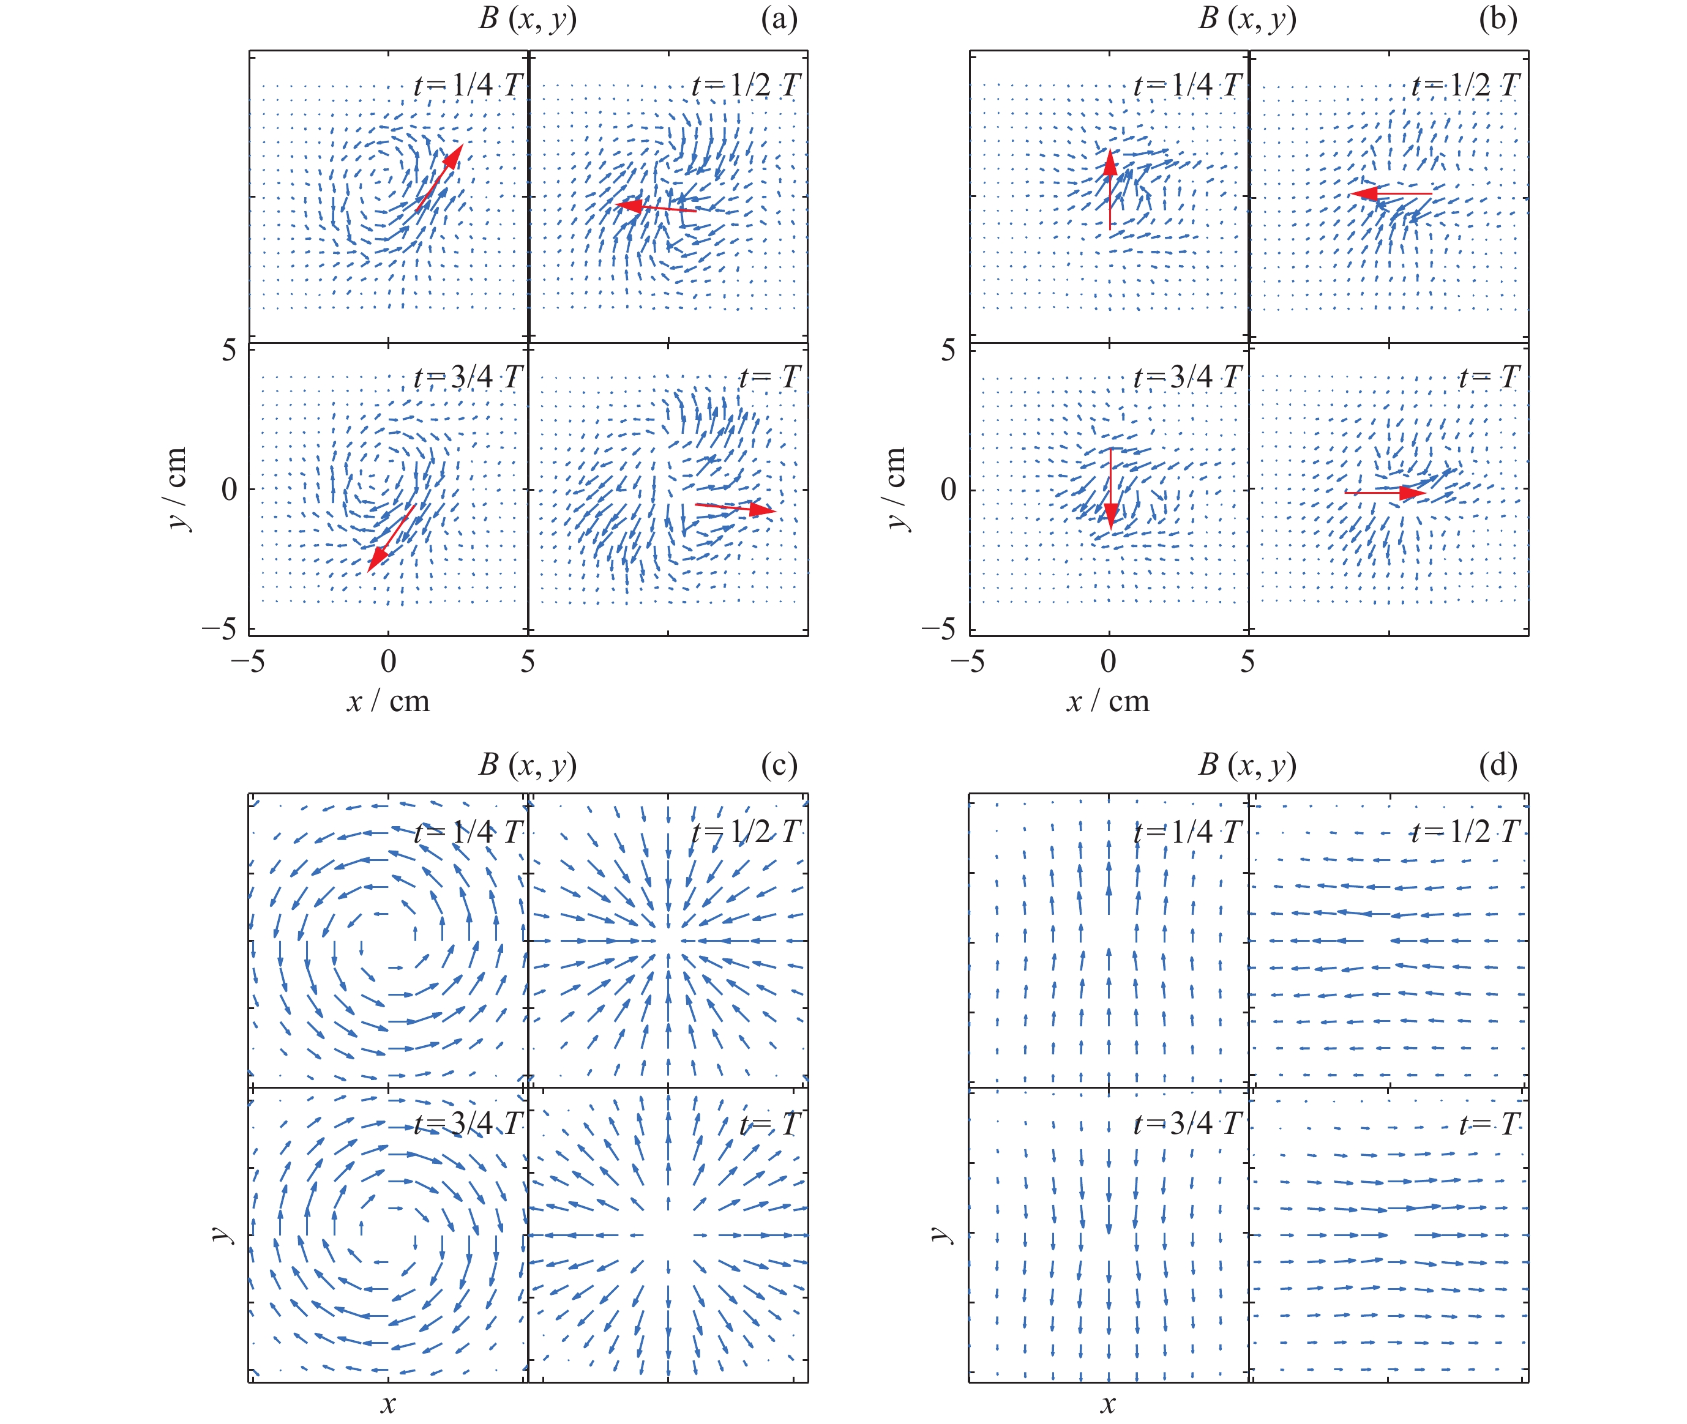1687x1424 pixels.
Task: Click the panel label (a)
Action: pyautogui.click(x=779, y=18)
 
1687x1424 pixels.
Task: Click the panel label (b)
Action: pyautogui.click(x=1497, y=18)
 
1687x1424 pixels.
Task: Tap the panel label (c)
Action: pyautogui.click(x=779, y=764)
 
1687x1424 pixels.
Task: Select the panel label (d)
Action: pyautogui.click(x=1497, y=764)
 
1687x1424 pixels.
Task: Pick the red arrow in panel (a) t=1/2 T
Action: pyautogui.click(x=655, y=207)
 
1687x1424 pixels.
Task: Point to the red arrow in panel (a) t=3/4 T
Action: pyautogui.click(x=392, y=538)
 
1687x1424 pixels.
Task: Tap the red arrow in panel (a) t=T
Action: pyautogui.click(x=735, y=508)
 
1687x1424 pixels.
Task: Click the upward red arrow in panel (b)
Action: pyautogui.click(x=1110, y=190)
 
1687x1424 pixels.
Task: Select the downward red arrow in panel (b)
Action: pyautogui.click(x=1111, y=489)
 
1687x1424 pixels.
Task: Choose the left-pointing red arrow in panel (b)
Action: pyautogui.click(x=1391, y=194)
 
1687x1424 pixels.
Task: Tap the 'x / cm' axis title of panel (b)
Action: pyautogui.click(x=1107, y=701)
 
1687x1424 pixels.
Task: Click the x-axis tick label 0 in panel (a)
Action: pyautogui.click(x=389, y=661)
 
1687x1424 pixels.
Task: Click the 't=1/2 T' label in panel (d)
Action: pyautogui.click(x=1464, y=832)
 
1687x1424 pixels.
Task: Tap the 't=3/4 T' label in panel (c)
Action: pyautogui.click(x=468, y=1124)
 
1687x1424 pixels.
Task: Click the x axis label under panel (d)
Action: pyautogui.click(x=1107, y=1404)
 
